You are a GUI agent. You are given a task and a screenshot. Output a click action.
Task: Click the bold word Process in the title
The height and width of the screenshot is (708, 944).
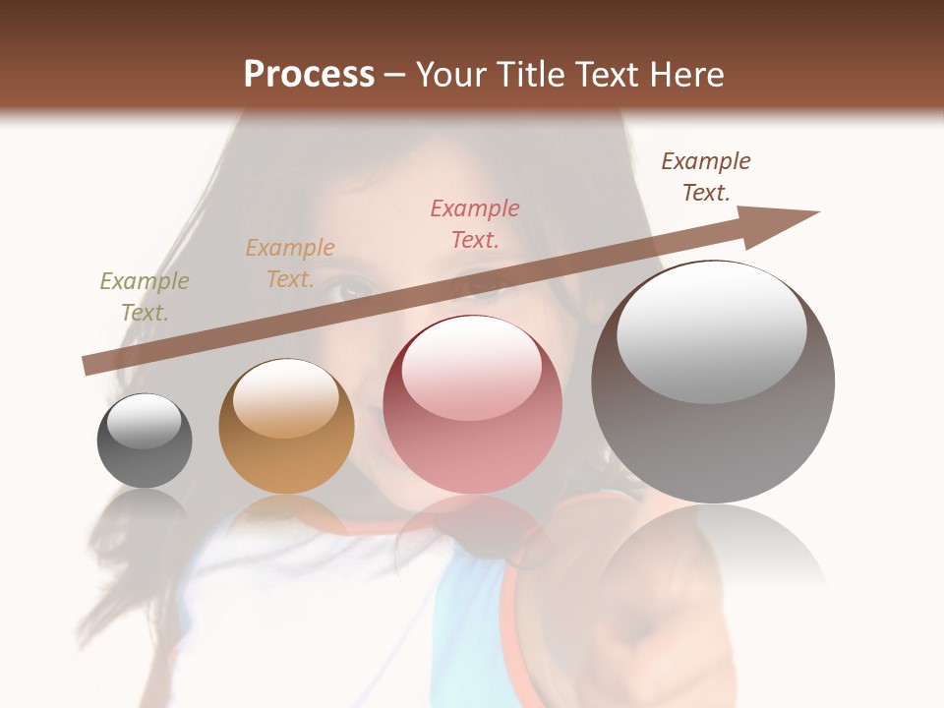309,74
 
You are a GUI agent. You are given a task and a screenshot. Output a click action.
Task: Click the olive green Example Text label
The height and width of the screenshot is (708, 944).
145,297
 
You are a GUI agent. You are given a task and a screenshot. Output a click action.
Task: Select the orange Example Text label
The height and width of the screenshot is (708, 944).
290,264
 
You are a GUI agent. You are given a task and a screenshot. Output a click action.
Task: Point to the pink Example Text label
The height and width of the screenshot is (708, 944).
475,223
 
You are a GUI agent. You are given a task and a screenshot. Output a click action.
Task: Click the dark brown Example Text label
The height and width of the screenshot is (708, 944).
706,177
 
